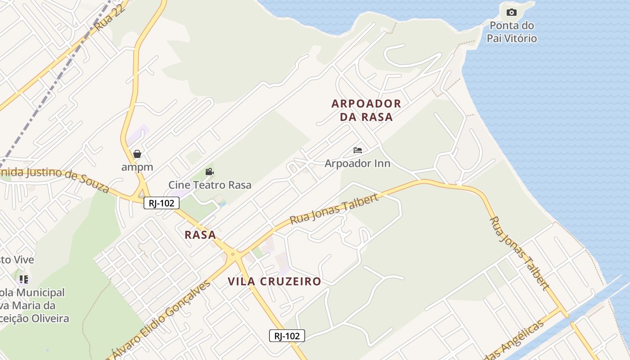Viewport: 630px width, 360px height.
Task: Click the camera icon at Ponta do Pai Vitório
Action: point(511,13)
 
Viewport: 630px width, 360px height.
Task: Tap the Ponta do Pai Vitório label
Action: point(512,32)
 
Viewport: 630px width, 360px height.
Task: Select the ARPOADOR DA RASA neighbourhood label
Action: point(366,110)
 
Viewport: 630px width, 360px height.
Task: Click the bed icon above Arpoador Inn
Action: point(358,150)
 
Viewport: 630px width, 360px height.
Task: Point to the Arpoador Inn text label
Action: point(357,163)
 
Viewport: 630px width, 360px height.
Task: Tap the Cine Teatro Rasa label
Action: point(210,184)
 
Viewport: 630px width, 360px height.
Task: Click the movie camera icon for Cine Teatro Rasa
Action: point(209,171)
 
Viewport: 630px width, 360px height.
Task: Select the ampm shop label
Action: point(137,167)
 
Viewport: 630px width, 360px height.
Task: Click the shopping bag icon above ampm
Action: point(137,154)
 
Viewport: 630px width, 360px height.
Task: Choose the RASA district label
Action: point(200,235)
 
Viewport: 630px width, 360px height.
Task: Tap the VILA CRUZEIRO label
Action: point(274,282)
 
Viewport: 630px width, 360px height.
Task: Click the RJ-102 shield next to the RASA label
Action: point(162,203)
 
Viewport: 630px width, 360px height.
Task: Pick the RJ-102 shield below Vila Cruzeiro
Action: point(287,336)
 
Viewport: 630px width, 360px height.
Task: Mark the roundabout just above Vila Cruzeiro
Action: point(233,255)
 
